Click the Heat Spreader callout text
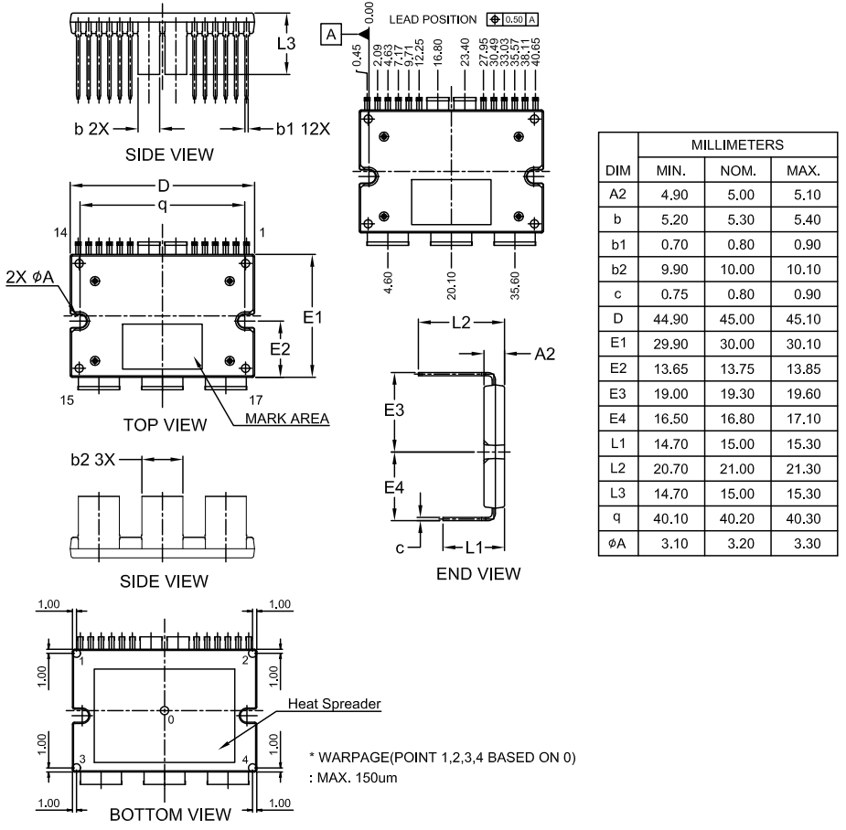(335, 704)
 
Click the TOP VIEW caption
(164, 424)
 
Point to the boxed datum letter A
(331, 35)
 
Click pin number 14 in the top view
(60, 233)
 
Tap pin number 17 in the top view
(257, 399)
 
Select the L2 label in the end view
(462, 324)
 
